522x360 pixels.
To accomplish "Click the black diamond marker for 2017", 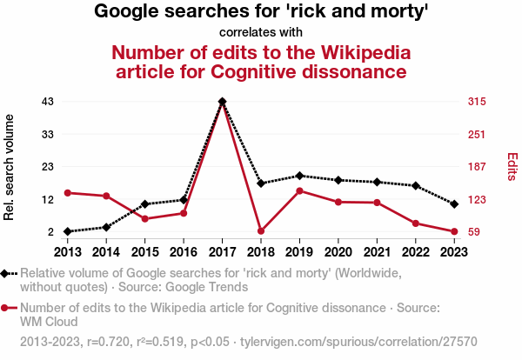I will coord(223,102).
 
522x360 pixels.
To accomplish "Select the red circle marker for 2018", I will coord(261,231).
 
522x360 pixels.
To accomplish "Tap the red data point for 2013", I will coord(67,192).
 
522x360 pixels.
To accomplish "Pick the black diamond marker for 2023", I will coord(455,203).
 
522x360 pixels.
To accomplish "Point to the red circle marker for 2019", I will coord(299,190).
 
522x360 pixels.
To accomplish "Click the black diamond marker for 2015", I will coord(144,203).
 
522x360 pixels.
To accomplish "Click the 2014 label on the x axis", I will coord(106,251).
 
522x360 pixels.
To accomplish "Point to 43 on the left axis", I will coord(48,102).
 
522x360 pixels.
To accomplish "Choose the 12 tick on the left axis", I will coord(48,199).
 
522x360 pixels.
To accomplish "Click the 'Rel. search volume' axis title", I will coord(10,167).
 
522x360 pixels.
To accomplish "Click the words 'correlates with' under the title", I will coord(261,33).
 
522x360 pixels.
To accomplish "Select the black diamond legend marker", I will coord(7,273).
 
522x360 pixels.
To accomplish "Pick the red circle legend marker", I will coord(7,308).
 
